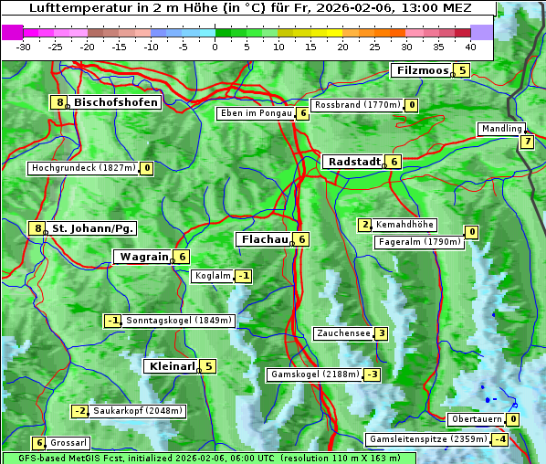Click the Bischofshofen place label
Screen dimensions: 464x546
pyautogui.click(x=116, y=102)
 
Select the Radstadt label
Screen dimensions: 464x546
pyautogui.click(x=354, y=162)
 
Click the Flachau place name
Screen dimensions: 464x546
pyautogui.click(x=263, y=239)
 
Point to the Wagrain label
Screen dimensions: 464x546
pyautogui.click(x=144, y=258)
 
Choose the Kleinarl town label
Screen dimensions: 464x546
pyautogui.click(x=172, y=366)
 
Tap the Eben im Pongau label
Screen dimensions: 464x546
pyautogui.click(x=255, y=113)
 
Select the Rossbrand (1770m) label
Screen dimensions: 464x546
pyautogui.click(x=357, y=105)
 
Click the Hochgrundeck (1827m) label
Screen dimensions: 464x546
pyautogui.click(x=83, y=168)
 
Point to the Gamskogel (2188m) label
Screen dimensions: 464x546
pyautogui.click(x=314, y=374)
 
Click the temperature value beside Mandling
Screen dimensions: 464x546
pyautogui.click(x=527, y=142)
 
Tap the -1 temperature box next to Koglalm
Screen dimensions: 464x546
pyautogui.click(x=243, y=276)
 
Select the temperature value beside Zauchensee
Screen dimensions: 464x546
pyautogui.click(x=381, y=333)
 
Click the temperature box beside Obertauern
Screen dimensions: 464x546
pyautogui.click(x=513, y=419)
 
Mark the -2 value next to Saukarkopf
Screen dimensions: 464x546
pyautogui.click(x=80, y=411)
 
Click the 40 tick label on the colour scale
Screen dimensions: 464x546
pyautogui.click(x=470, y=47)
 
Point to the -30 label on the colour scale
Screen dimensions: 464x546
pyautogui.click(x=24, y=47)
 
